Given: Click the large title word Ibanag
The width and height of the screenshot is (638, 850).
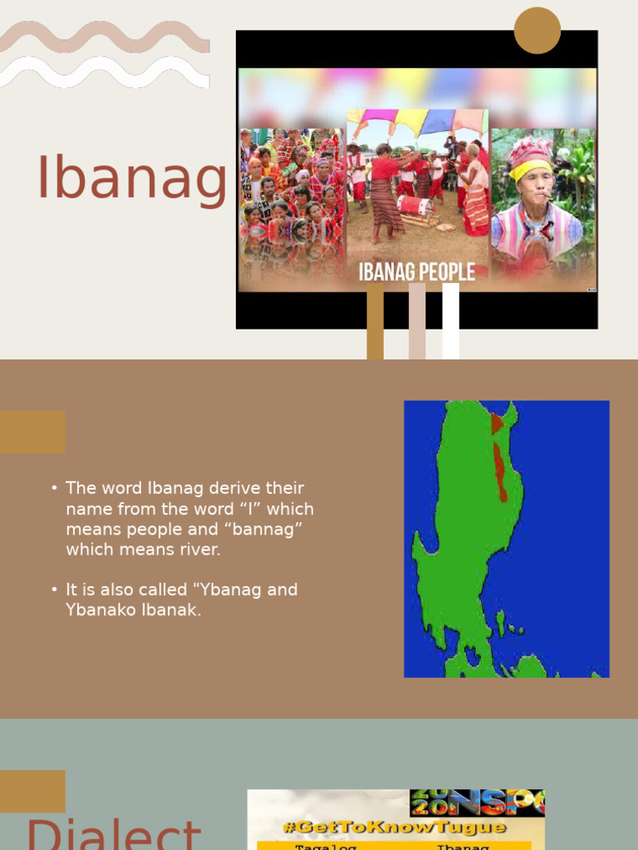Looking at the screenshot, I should [131, 178].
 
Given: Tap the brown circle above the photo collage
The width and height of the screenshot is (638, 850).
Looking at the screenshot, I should [537, 31].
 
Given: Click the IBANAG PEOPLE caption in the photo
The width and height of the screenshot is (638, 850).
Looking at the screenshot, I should [417, 271].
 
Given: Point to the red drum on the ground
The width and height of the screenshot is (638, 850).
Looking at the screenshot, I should [413, 205].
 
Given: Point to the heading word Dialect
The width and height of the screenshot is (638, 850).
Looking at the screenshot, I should [113, 834].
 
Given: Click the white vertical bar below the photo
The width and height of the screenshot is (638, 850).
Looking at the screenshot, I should [450, 321].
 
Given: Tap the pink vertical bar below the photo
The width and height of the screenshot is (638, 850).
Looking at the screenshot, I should [417, 321].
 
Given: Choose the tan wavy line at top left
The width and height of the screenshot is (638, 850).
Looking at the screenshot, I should [104, 37].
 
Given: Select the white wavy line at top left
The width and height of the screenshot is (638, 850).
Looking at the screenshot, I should [104, 72].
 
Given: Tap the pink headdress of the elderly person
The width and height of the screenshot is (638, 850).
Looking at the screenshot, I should [531, 151].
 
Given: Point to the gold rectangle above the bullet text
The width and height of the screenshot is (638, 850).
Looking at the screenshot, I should [32, 432].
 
